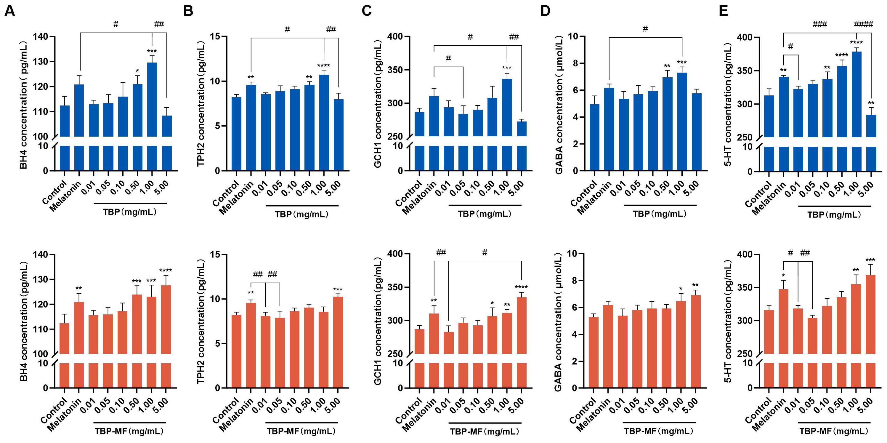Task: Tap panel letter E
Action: (x=723, y=11)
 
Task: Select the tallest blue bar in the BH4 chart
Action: (x=152, y=100)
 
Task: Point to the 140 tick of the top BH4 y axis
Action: (x=40, y=36)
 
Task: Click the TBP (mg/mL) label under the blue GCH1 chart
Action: (x=485, y=214)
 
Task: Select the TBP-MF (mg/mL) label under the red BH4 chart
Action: (x=129, y=431)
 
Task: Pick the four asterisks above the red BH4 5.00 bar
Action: (x=166, y=271)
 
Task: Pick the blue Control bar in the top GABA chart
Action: (x=594, y=137)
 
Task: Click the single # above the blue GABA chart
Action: (x=645, y=28)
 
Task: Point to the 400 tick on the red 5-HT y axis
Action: (x=745, y=254)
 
